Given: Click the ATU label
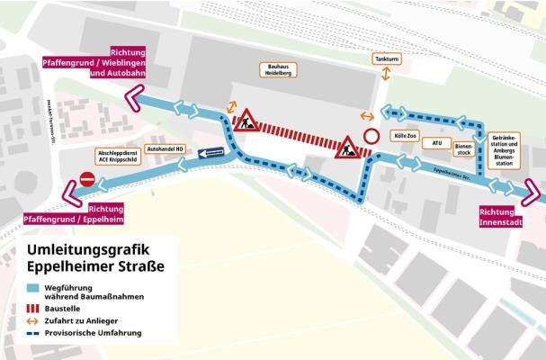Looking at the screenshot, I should click(436, 142).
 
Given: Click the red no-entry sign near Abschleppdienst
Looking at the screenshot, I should click(87, 179).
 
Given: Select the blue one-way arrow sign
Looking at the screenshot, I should click(212, 154).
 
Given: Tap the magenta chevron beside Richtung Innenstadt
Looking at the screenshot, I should click(532, 193).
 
